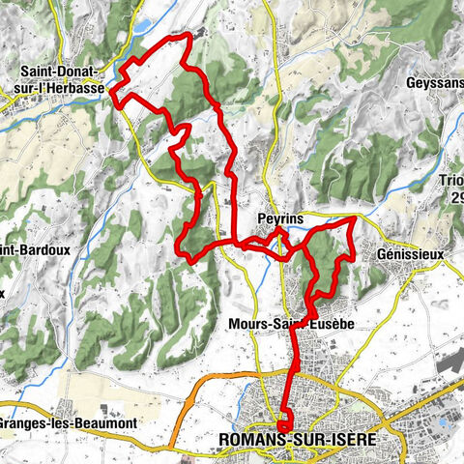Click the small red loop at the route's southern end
(x=285, y=423)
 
